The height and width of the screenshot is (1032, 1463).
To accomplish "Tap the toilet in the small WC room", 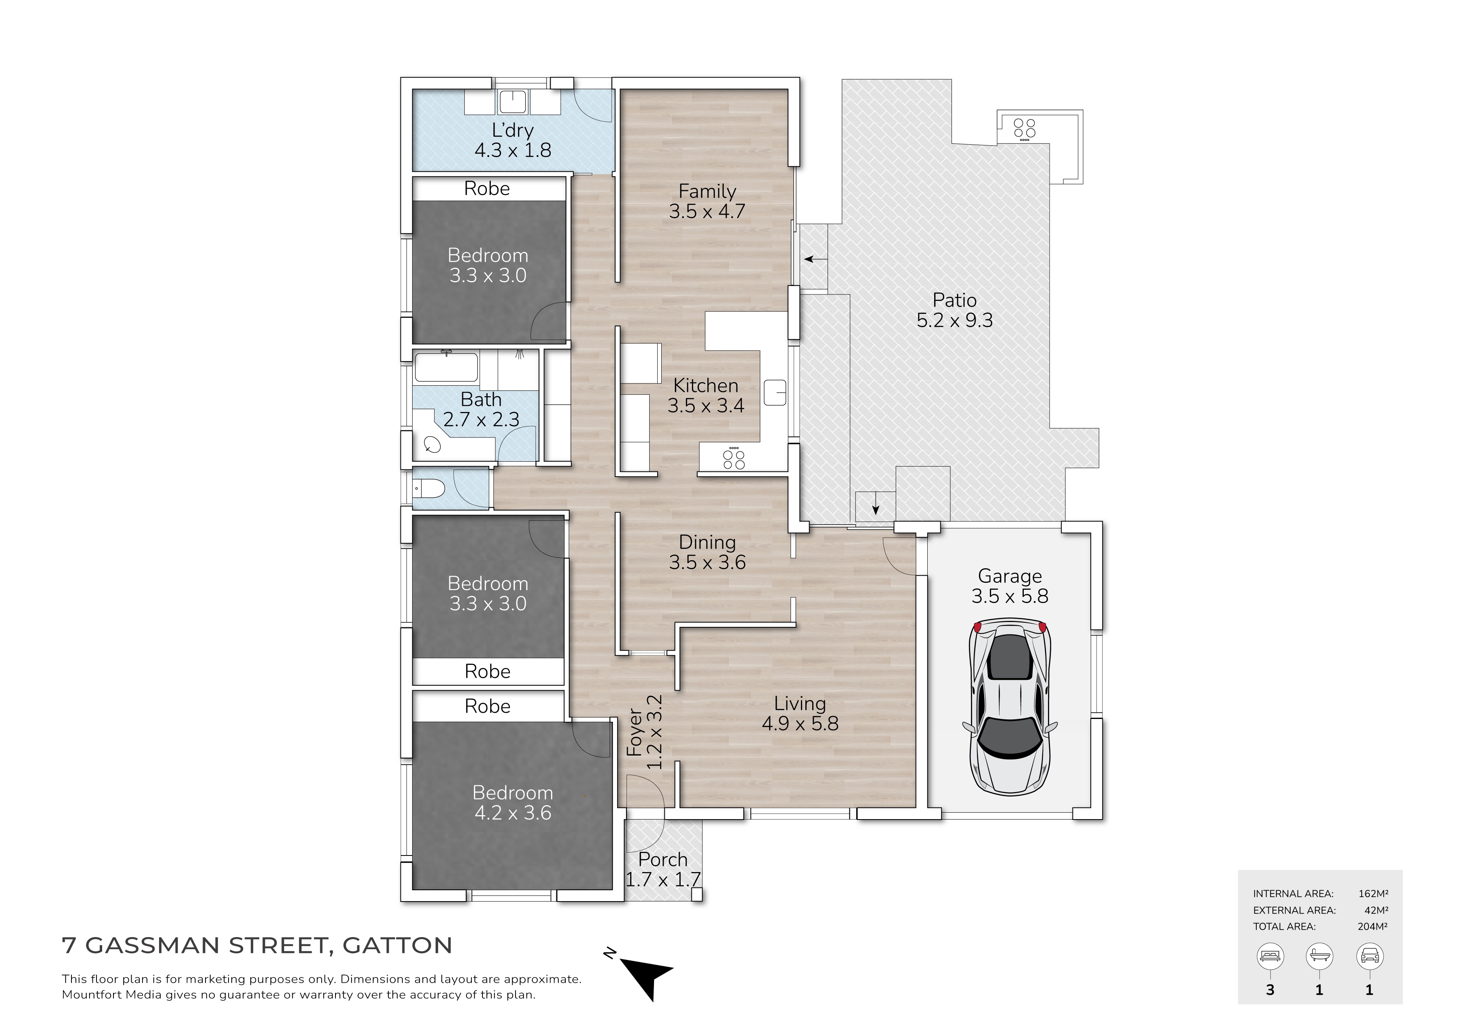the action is click(430, 489).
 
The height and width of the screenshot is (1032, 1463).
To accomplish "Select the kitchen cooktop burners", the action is click(734, 459).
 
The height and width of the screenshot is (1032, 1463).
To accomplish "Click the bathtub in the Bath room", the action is click(446, 368).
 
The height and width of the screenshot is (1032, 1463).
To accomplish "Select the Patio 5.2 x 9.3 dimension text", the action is click(954, 320).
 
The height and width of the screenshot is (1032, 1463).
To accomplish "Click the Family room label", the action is click(707, 191).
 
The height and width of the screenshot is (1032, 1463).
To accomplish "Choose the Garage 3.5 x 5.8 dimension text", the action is click(1010, 596).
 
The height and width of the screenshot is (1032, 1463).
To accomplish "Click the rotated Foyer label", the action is click(635, 732).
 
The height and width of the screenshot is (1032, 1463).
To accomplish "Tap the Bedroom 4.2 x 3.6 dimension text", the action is click(513, 813).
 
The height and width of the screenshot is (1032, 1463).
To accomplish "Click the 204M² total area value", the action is click(1373, 926).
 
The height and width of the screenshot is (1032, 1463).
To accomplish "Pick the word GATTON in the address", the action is click(398, 945).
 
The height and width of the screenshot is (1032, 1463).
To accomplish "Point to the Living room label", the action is click(800, 703).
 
